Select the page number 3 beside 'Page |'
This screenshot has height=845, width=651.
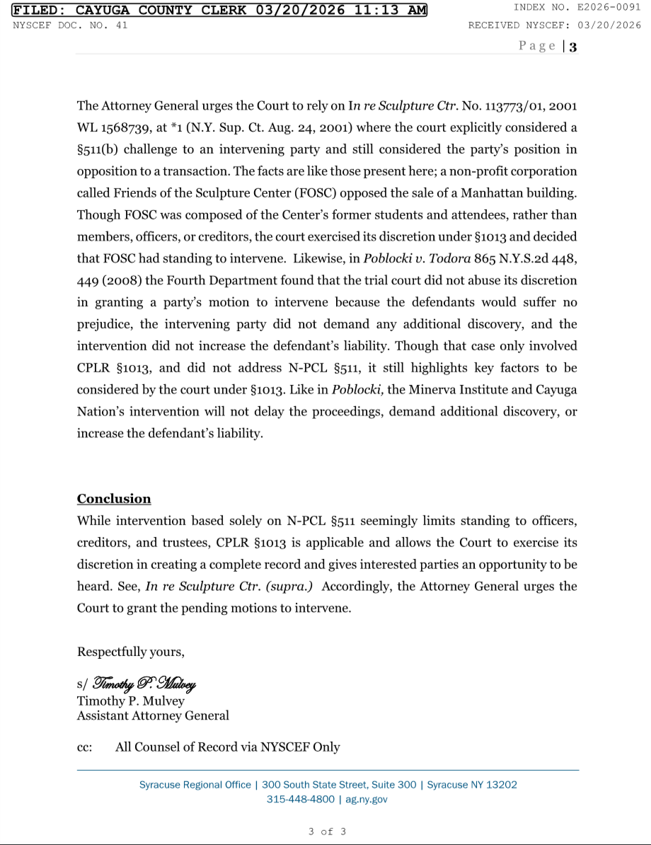pyautogui.click(x=573, y=47)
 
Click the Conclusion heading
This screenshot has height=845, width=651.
pyautogui.click(x=114, y=499)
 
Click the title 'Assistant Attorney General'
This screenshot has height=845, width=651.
pyautogui.click(x=153, y=715)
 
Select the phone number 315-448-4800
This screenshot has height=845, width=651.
pyautogui.click(x=300, y=800)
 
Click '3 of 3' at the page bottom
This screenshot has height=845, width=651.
pyautogui.click(x=327, y=832)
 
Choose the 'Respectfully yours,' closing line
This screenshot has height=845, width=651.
pyautogui.click(x=130, y=651)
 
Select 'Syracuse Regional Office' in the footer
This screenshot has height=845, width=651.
pyautogui.click(x=195, y=785)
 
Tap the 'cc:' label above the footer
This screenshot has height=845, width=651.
pyautogui.click(x=84, y=747)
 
